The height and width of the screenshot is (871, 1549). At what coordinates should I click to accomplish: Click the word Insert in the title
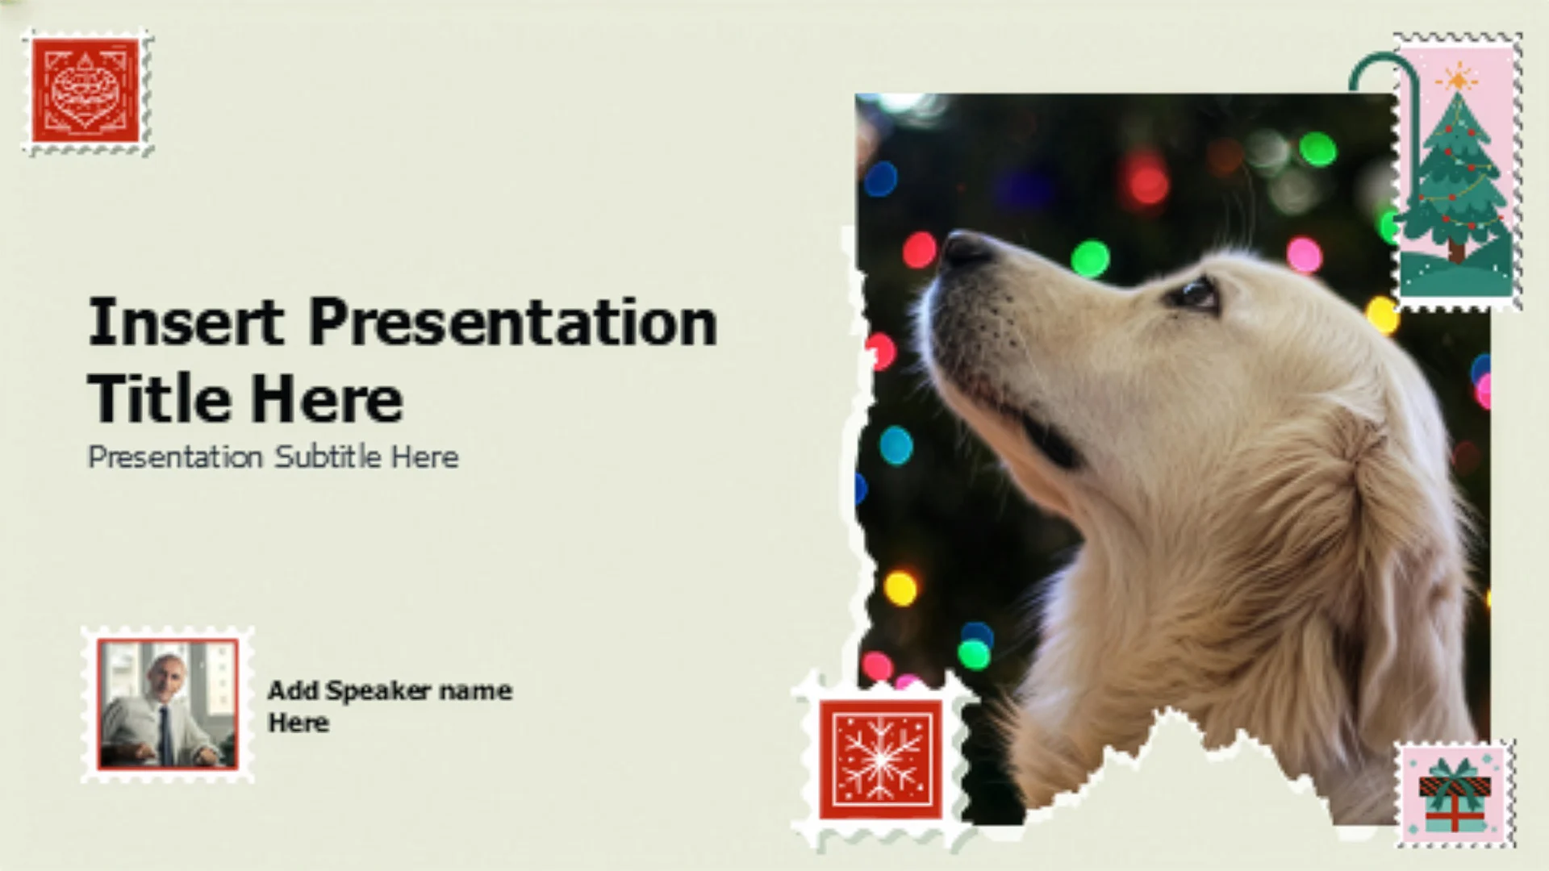point(186,322)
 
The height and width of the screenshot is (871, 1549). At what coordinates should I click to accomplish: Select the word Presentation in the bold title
point(513,322)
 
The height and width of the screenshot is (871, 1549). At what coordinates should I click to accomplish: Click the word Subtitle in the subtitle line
point(328,456)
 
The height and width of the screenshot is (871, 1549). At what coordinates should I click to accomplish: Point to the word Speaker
point(378,691)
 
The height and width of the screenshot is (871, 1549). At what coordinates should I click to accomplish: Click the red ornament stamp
point(87,91)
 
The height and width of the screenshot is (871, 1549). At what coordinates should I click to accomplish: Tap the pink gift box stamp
point(1455,793)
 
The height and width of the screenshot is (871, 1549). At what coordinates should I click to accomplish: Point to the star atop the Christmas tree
point(1459,79)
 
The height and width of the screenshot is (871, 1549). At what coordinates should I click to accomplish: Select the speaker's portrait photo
point(168,703)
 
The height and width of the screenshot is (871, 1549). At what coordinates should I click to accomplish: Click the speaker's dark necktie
point(165,734)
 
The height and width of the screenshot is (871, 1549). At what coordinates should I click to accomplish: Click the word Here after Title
point(326,398)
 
